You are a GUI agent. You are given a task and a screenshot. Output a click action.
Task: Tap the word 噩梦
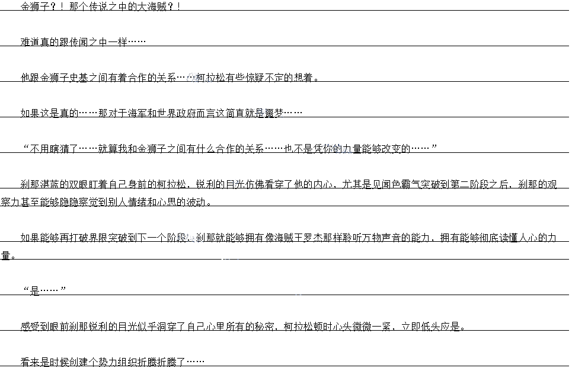[274, 113]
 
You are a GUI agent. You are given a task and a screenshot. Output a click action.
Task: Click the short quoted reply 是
[35, 291]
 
